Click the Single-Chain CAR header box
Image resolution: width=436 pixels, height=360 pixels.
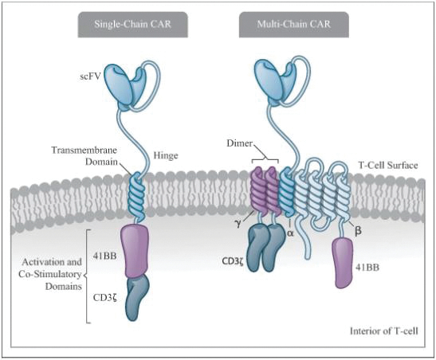pos(132,25)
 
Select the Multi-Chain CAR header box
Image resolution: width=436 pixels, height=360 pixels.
pos(294,25)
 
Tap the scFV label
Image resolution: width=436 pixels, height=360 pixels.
pos(89,76)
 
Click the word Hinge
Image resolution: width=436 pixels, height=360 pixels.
pos(166,155)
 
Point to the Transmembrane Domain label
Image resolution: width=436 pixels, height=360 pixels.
pos(84,156)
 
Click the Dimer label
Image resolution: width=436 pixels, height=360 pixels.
pos(239,143)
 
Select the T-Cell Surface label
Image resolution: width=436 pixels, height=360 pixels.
pos(388,166)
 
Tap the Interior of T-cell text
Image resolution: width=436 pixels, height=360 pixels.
pos(383,331)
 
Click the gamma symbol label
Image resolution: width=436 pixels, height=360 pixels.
pos(238,224)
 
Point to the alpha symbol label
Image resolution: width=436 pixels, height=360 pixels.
pos(290,233)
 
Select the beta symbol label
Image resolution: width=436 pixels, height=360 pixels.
pos(359,230)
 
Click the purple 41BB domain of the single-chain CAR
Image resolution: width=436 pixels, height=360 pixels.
pos(134,251)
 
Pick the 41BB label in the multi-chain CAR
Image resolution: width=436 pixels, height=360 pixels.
pos(367,268)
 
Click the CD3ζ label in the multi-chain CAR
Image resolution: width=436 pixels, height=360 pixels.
pos(233,261)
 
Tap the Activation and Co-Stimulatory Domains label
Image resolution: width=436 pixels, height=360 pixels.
pos(50,274)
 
